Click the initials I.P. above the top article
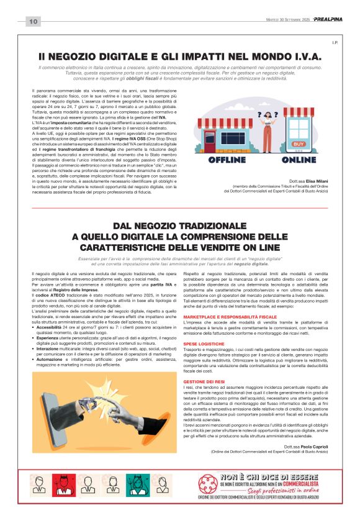pyautogui.click(x=334, y=42)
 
